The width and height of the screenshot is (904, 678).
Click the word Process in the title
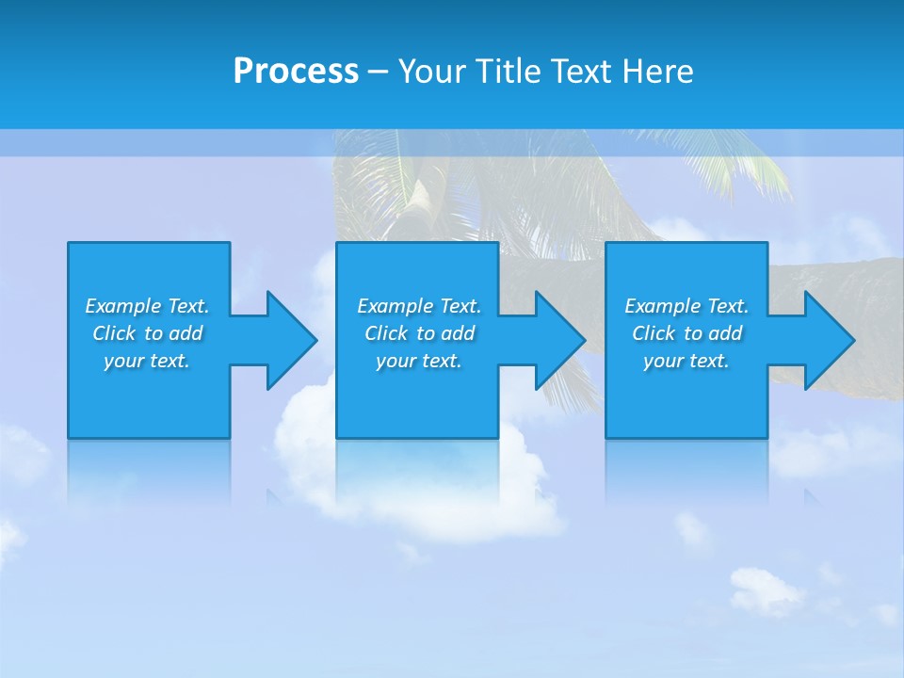pyautogui.click(x=296, y=72)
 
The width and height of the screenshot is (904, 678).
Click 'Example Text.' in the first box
pyautogui.click(x=147, y=306)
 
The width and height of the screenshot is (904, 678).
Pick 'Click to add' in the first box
pyautogui.click(x=147, y=333)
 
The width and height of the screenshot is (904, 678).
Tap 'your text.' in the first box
pyautogui.click(x=147, y=361)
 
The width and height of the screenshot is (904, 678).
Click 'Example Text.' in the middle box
pyautogui.click(x=419, y=306)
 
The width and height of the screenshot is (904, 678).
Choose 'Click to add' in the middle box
pyautogui.click(x=419, y=333)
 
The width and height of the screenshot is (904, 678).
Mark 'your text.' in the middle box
pyautogui.click(x=419, y=361)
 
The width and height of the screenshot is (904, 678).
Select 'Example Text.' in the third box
pyautogui.click(x=686, y=306)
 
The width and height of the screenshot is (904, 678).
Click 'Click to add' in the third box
pyautogui.click(x=686, y=333)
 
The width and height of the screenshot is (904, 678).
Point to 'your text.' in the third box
pyautogui.click(x=686, y=361)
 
